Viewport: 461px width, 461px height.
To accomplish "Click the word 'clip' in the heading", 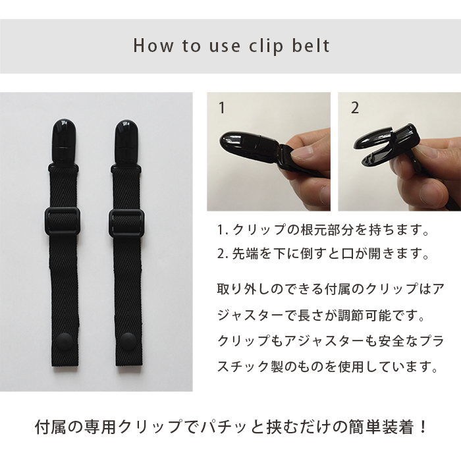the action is click(x=266, y=47).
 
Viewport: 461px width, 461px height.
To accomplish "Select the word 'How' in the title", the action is click(x=153, y=46).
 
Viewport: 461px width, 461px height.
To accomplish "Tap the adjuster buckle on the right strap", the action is click(x=126, y=223).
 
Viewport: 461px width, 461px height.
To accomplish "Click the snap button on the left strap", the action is click(x=63, y=342).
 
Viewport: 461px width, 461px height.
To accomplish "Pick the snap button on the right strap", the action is click(x=128, y=341).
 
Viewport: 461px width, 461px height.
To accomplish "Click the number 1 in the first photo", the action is click(x=222, y=107).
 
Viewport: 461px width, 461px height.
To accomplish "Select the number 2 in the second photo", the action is click(x=355, y=108).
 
